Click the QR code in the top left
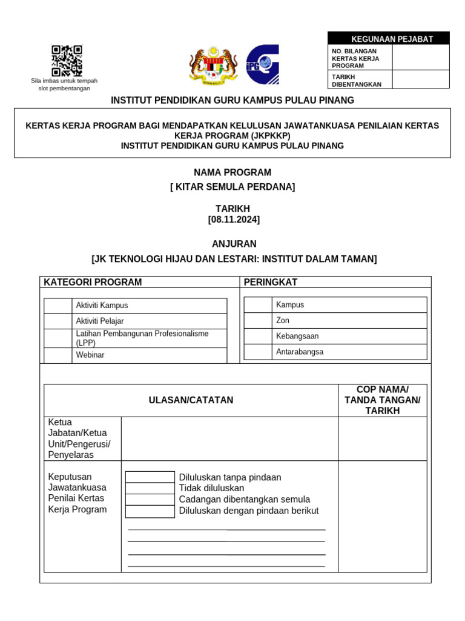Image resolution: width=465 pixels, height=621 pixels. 67,61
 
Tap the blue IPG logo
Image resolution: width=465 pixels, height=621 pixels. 262,64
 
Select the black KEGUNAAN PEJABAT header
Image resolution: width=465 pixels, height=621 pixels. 388,39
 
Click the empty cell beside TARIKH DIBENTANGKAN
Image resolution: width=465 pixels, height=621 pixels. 420,80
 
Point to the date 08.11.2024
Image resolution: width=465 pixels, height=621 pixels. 234,220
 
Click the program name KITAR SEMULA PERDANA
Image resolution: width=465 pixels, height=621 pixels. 232,187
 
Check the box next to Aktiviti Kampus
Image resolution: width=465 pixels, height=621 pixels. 58,306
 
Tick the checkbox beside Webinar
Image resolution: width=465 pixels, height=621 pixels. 58,355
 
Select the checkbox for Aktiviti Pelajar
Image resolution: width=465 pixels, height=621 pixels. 58,321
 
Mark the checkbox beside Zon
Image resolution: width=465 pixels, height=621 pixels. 257,320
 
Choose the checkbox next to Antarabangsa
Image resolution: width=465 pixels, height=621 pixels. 257,352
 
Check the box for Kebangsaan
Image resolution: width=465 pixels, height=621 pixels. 257,336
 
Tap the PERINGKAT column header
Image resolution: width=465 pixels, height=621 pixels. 270,282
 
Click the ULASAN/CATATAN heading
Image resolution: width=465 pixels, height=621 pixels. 191,400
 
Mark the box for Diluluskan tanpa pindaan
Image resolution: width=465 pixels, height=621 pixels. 150,477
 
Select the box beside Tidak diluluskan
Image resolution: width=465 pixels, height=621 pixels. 150,488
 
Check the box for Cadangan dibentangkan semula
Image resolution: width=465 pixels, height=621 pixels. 150,500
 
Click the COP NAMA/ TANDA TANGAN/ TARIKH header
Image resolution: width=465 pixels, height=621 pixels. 382,400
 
